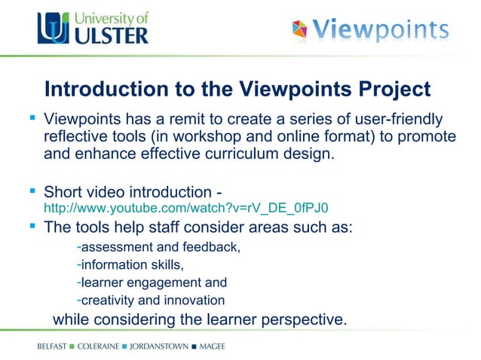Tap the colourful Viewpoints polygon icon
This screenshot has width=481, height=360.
pyautogui.click(x=300, y=31)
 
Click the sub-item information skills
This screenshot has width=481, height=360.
pyautogui.click(x=132, y=265)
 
